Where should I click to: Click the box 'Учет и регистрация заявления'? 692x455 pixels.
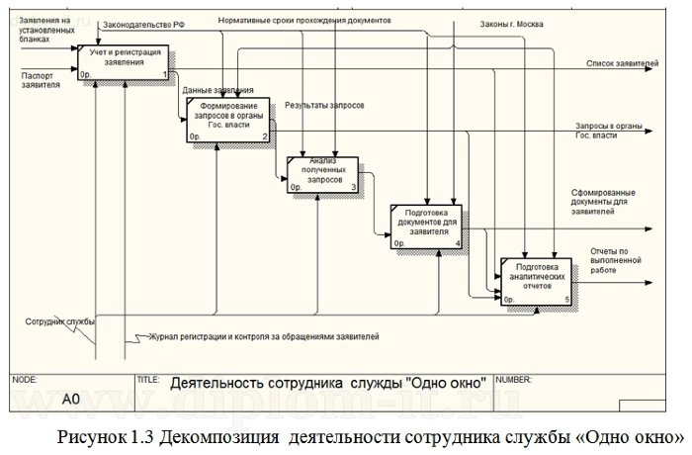[x=124, y=61]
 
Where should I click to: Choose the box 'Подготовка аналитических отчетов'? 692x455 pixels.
[x=536, y=279]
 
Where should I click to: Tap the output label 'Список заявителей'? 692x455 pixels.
[x=622, y=64]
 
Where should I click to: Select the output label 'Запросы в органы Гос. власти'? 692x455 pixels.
[x=609, y=131]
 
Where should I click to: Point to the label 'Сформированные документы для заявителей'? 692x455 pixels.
[x=606, y=202]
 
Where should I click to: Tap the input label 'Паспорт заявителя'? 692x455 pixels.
[x=40, y=79]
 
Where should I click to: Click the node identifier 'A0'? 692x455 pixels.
[x=70, y=401]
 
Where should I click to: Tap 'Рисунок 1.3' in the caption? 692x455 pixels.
[x=108, y=436]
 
